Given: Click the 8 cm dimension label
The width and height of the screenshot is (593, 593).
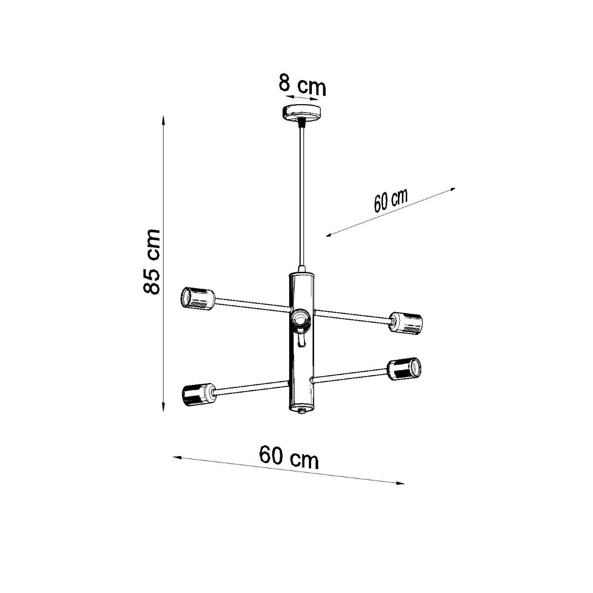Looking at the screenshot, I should coord(302,85).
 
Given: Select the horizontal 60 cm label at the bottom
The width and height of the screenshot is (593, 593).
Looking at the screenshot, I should coord(289,458).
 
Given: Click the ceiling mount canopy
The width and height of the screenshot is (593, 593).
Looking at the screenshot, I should coord(301,112).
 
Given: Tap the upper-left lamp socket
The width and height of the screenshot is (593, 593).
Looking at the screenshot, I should coord(197,299).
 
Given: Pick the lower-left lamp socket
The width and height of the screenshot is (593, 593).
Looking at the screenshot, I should coord(197,394).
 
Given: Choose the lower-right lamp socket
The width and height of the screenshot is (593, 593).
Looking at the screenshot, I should coord(405,369).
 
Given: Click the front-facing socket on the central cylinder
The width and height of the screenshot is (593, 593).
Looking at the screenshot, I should coord(300,319).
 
